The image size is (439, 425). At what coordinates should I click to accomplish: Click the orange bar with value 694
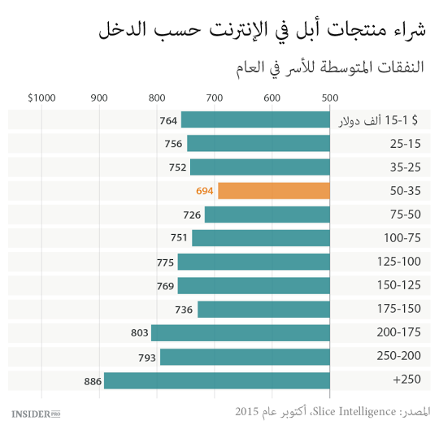[x=273, y=191]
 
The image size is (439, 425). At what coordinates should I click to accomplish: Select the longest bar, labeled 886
[x=216, y=380]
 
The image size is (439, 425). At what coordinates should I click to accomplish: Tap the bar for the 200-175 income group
[x=240, y=333]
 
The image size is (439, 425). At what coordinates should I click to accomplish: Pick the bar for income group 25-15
[x=258, y=144]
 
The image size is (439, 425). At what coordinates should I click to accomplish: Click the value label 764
[x=168, y=120]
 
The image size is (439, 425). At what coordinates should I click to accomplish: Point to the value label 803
[x=139, y=333]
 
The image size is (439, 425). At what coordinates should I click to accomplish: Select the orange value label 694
[x=204, y=191]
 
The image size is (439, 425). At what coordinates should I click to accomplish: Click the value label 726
[x=192, y=215]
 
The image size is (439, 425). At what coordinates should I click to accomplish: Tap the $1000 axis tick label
[x=41, y=98]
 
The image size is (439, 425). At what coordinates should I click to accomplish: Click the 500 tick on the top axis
[x=329, y=98]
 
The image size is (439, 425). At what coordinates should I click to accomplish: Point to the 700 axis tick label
[x=214, y=98]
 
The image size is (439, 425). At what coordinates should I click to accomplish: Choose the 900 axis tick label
[x=99, y=98]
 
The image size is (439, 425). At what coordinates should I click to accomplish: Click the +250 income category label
[x=406, y=380]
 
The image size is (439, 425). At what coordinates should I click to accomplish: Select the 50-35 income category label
[x=404, y=191]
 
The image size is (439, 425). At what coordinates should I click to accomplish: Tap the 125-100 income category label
[x=399, y=262]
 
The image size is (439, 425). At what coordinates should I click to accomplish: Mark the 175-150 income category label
[x=399, y=310]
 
